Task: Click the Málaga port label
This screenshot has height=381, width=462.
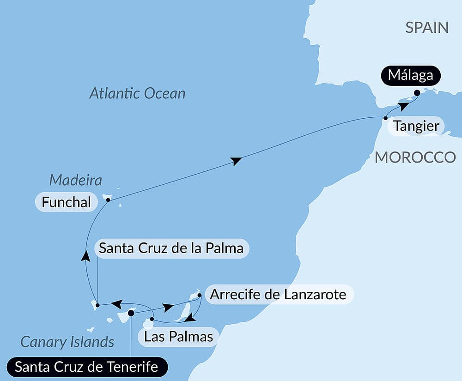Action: [411, 75]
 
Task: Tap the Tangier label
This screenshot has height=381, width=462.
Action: [416, 126]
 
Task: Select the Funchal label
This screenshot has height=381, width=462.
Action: [66, 202]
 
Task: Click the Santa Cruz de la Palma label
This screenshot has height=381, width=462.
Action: [171, 248]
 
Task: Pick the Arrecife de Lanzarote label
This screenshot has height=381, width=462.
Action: [278, 294]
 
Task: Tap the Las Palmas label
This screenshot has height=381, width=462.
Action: [178, 336]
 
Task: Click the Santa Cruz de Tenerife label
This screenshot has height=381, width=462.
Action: [86, 367]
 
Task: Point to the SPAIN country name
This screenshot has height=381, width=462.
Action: [427, 27]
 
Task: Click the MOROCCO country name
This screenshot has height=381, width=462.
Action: [415, 157]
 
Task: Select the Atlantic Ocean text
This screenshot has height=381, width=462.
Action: [137, 94]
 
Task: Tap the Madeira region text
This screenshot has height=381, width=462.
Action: [75, 180]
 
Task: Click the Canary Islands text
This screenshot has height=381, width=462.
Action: [67, 342]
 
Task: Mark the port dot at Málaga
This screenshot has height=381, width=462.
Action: [417, 93]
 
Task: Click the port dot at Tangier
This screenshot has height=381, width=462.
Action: [386, 118]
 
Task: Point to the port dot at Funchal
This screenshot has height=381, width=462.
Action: [108, 200]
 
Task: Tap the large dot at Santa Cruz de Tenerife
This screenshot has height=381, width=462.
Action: [131, 313]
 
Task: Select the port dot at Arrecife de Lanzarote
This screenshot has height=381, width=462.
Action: [199, 295]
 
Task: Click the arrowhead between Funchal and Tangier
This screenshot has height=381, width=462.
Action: [236, 161]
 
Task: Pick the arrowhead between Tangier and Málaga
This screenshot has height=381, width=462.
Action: [403, 106]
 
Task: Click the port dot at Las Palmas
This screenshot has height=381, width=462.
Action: [152, 319]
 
